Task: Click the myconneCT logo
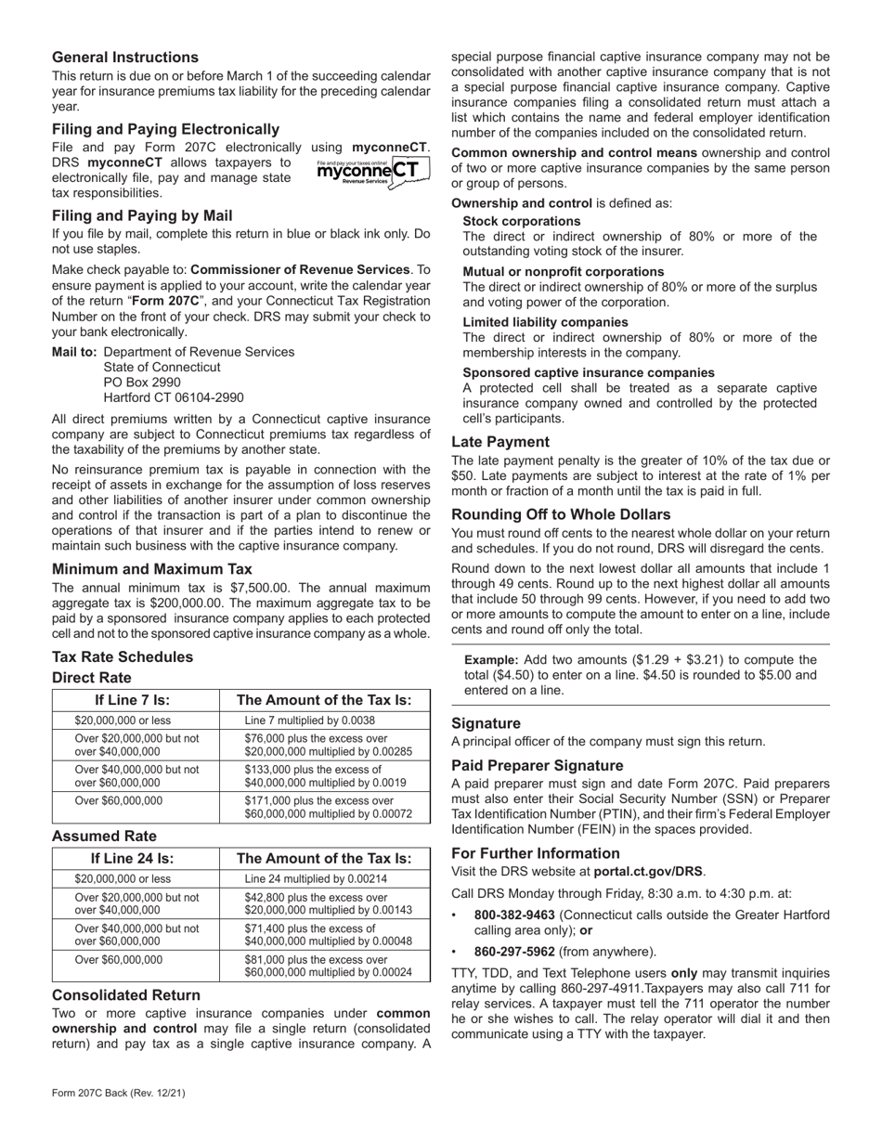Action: (372, 172)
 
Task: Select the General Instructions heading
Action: (125, 58)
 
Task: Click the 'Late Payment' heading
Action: (500, 442)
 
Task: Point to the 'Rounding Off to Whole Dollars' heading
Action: (561, 514)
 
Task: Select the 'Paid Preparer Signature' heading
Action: (538, 765)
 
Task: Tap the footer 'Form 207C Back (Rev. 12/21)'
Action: (118, 1093)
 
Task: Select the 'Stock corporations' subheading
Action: (522, 221)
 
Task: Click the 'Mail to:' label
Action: (74, 352)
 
